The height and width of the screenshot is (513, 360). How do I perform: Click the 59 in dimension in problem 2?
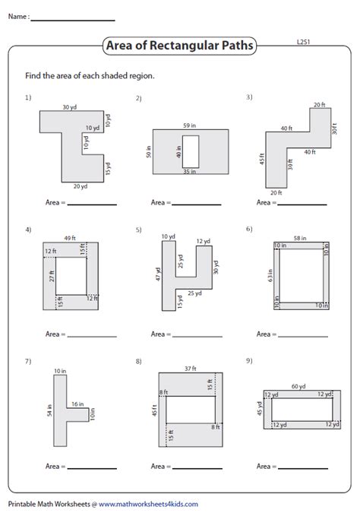click(190, 125)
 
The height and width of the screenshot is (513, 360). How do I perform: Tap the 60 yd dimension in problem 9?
click(300, 385)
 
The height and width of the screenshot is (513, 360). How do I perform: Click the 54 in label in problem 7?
click(50, 410)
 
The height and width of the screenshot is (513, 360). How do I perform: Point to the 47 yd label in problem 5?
click(158, 274)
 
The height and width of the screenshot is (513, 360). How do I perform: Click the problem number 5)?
click(138, 229)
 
